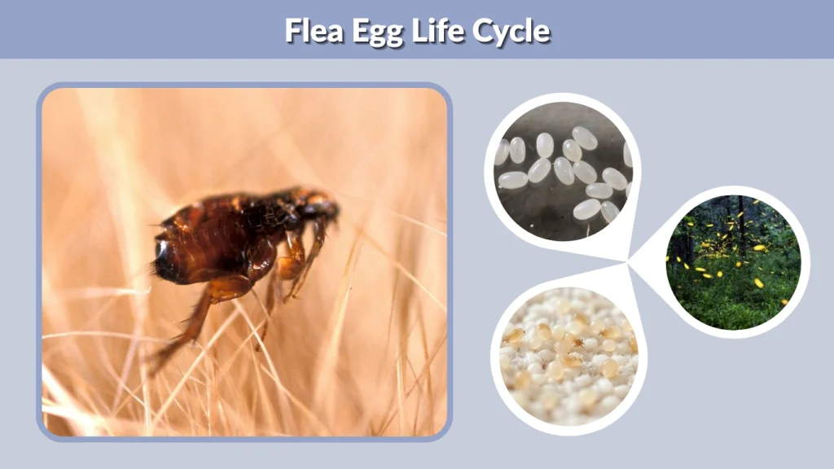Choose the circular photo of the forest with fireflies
[x=733, y=261]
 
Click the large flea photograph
[x=244, y=261]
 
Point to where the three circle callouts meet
[x=630, y=262]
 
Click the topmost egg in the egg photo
[x=584, y=138]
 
